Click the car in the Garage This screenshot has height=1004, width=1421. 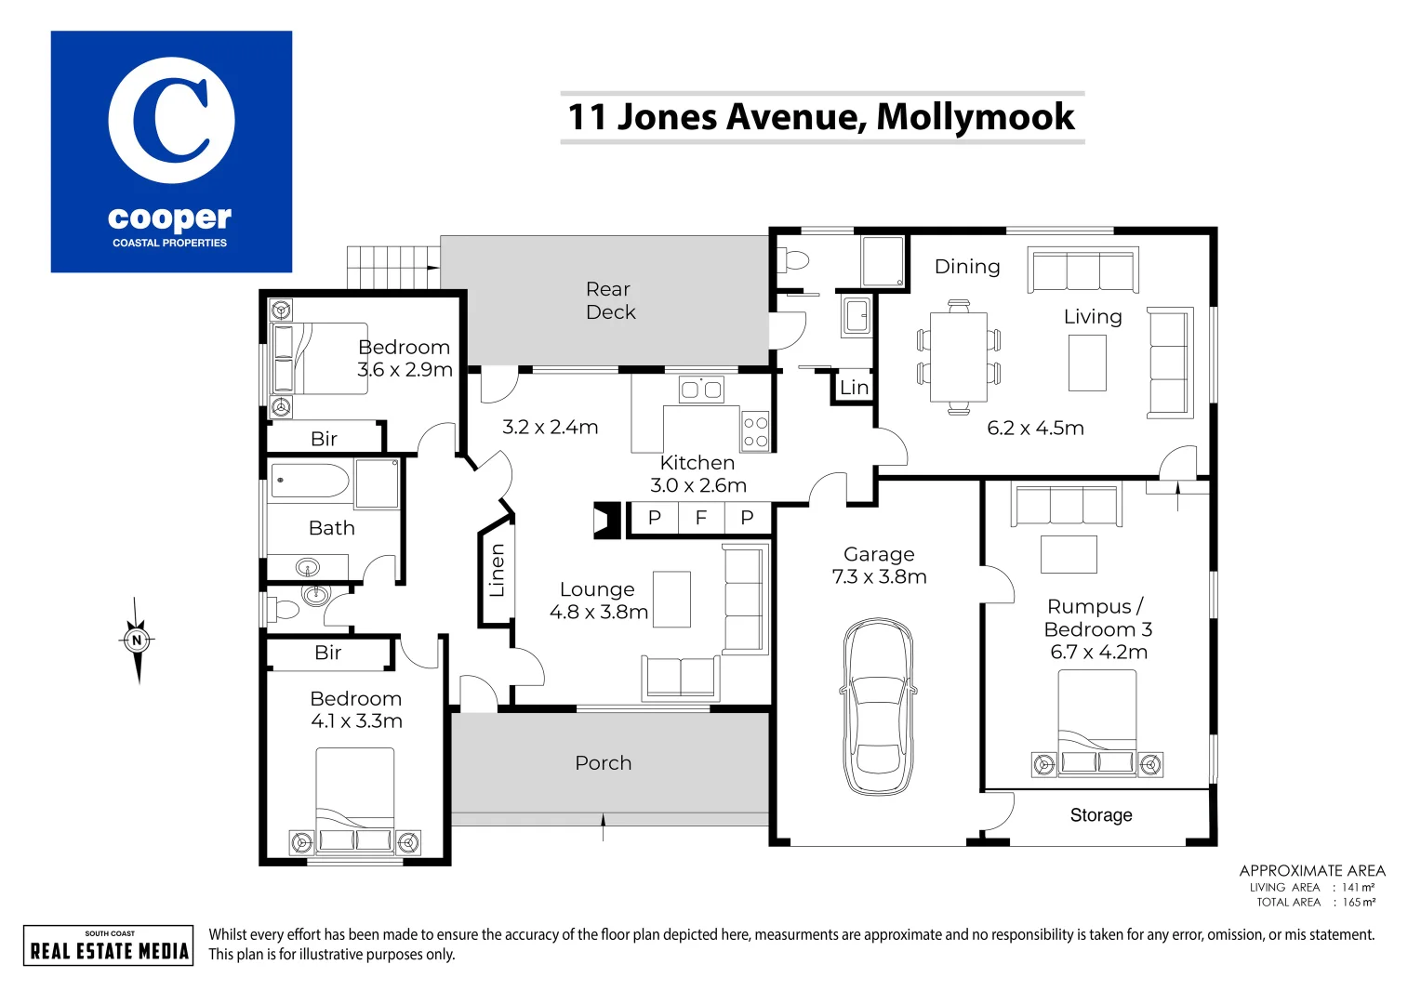[x=876, y=707]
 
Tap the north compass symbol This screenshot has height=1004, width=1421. [x=137, y=641]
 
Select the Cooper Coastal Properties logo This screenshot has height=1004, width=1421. [x=171, y=152]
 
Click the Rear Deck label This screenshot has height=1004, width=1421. [x=610, y=301]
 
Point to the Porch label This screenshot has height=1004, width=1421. [x=603, y=763]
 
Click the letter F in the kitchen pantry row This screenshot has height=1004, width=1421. [x=700, y=518]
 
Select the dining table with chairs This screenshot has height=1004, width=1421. [x=958, y=357]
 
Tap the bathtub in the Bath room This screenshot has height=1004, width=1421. [x=310, y=482]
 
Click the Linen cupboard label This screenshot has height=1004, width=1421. [x=497, y=570]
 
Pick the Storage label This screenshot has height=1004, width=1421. [x=1100, y=815]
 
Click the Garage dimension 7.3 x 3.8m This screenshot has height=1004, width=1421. [x=879, y=577]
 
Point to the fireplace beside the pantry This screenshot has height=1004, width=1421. [x=606, y=521]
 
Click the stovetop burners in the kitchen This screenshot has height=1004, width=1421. [x=755, y=431]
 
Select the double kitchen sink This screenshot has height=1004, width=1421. [x=701, y=390]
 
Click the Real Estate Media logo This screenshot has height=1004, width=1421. [x=109, y=945]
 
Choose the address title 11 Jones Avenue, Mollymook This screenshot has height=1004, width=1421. [x=821, y=117]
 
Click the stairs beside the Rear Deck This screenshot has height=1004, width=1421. [x=392, y=267]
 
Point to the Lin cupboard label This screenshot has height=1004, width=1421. [x=854, y=388]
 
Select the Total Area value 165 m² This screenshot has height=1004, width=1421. [x=1358, y=903]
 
